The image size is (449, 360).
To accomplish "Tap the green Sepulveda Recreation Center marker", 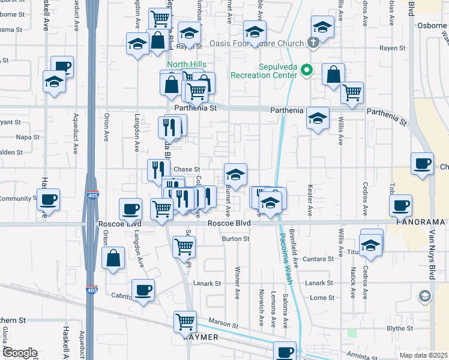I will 306,71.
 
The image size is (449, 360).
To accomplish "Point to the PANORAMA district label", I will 421,221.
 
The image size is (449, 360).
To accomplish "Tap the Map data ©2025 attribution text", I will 423,355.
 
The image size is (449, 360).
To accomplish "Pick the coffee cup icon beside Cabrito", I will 143,290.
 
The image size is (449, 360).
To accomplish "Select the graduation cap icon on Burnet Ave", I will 235,175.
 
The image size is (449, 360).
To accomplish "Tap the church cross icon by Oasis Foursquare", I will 312,43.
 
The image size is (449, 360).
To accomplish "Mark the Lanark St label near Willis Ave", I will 318,283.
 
